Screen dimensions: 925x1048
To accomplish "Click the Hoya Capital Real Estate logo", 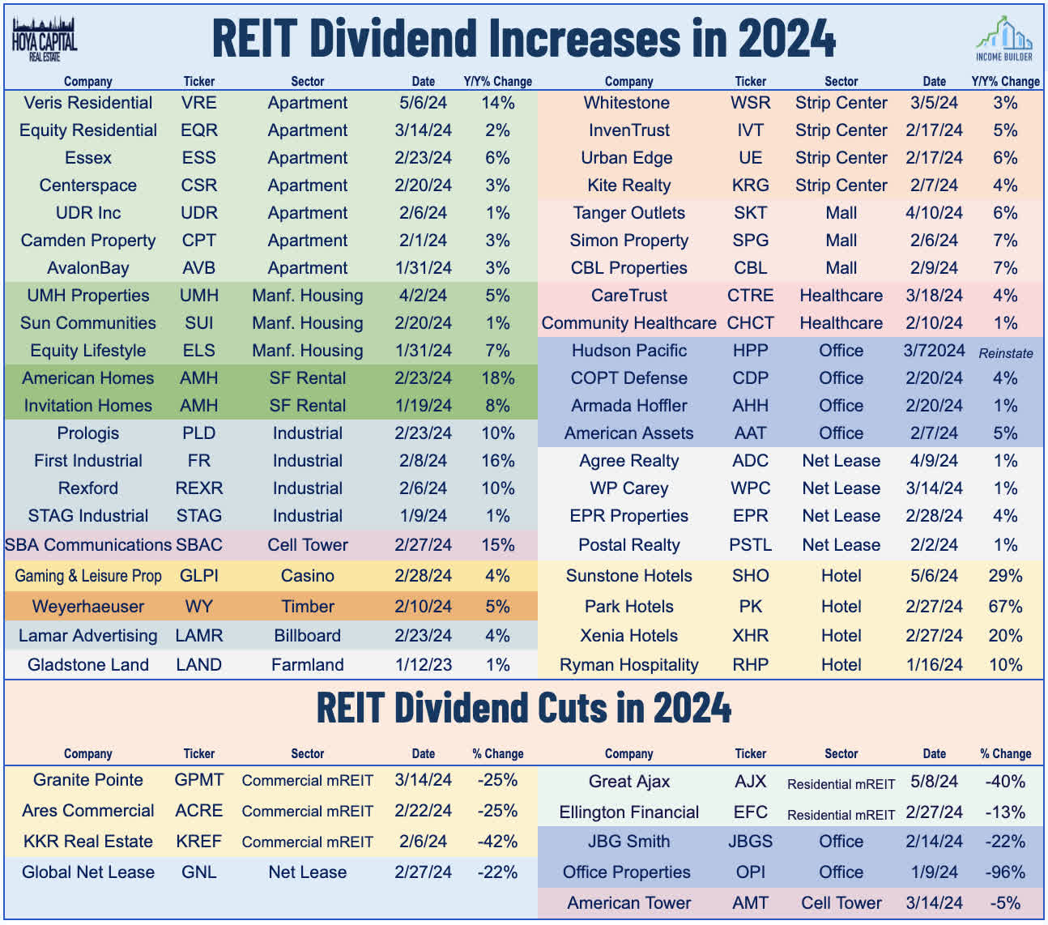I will tap(44, 39).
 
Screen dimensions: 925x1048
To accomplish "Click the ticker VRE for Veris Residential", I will tap(198, 103).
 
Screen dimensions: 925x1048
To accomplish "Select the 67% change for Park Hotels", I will tap(1004, 607).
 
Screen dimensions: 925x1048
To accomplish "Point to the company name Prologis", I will tap(87, 433).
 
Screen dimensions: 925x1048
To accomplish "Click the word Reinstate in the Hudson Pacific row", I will tap(1005, 353).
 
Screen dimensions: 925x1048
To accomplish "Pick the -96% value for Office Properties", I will tap(1005, 872).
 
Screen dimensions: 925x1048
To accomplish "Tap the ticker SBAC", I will tap(198, 545).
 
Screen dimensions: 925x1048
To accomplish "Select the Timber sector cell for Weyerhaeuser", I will tap(307, 607).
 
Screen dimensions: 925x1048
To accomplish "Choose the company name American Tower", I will tap(628, 903).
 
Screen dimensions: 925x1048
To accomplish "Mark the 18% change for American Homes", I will tap(497, 378).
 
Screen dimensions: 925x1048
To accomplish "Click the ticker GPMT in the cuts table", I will tap(198, 780).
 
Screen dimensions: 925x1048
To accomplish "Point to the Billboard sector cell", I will tap(307, 636).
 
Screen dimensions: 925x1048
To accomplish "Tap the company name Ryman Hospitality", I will tap(628, 665).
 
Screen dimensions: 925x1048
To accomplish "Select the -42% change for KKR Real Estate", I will tap(497, 842).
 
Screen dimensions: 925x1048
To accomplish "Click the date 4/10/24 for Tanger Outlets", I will tap(934, 213).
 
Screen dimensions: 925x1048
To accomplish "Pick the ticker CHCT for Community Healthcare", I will tap(750, 323).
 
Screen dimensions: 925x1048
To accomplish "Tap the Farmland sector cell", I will tap(307, 665).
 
